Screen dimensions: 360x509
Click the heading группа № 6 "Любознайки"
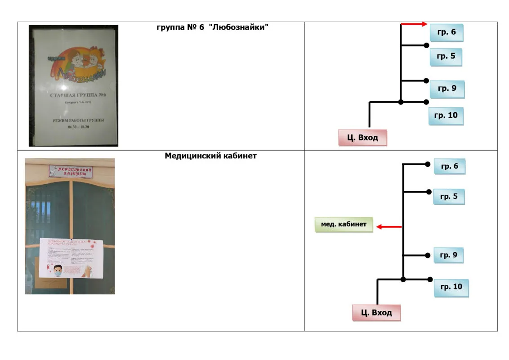click(212, 28)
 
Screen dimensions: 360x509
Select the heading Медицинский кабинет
click(210, 156)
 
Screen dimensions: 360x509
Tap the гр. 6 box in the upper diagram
click(446, 33)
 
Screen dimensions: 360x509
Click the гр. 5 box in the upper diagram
click(446, 57)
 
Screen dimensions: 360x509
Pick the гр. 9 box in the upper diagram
click(447, 89)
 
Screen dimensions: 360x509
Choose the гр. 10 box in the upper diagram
click(446, 116)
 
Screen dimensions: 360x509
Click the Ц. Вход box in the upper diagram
click(362, 138)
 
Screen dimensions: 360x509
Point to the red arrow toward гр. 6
click(414, 24)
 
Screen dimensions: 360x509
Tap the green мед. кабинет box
click(344, 224)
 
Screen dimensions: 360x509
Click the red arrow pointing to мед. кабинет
click(388, 227)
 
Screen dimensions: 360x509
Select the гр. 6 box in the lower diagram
click(449, 166)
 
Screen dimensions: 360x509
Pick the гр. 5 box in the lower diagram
click(449, 197)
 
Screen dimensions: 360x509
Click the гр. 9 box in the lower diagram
click(448, 256)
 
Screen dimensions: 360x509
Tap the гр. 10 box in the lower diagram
click(451, 287)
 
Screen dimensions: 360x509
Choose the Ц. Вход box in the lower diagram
click(376, 312)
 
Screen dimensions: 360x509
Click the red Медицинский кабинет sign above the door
click(71, 171)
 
